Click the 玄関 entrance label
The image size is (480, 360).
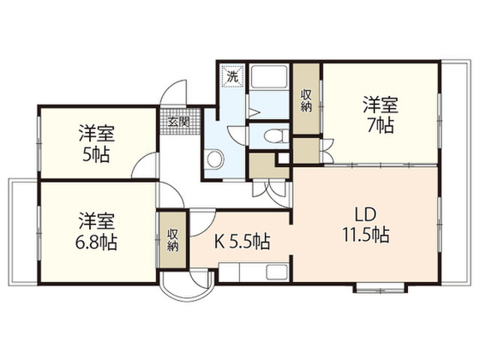(x=179, y=121)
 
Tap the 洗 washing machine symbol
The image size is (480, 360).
(x=234, y=76)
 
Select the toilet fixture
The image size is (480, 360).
(x=276, y=136)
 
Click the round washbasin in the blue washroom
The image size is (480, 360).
(x=215, y=158)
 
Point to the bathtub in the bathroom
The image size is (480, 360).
(x=268, y=76)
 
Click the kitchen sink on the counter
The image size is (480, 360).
(x=277, y=271)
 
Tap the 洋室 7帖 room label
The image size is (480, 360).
(x=380, y=115)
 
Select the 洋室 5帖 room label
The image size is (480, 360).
(x=97, y=143)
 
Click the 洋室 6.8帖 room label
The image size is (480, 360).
(x=96, y=231)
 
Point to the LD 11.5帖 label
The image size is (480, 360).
(x=366, y=224)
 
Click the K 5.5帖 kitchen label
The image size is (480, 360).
(x=242, y=242)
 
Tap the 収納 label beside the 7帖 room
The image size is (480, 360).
(x=306, y=100)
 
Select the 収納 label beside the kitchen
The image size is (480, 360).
(x=173, y=240)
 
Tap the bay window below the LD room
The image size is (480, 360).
(x=380, y=288)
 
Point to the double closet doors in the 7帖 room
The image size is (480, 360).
(x=327, y=151)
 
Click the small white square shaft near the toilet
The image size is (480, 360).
(x=283, y=158)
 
